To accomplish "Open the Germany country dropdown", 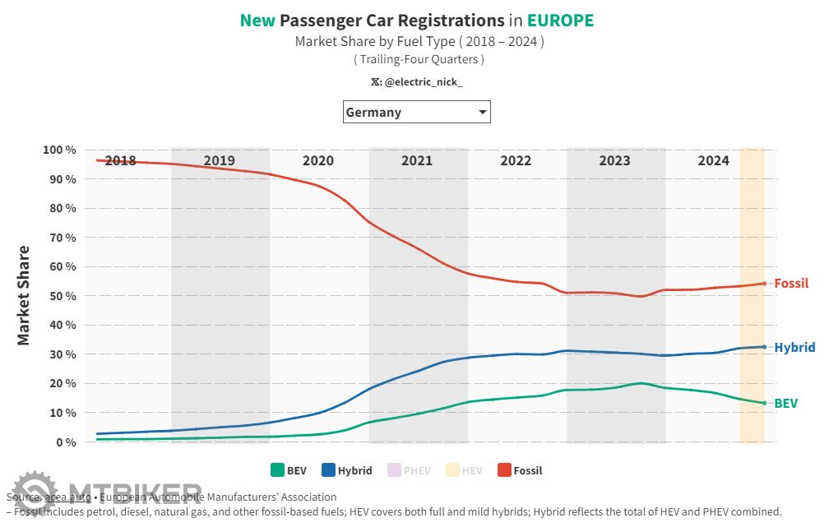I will tap(416, 112).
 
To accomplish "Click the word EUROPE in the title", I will tap(560, 21).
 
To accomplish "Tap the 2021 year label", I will tap(417, 160).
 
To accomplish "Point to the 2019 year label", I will tap(220, 160).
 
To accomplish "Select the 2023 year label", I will tap(614, 160).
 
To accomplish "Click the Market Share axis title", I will tap(24, 295).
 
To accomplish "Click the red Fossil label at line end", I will tap(791, 284).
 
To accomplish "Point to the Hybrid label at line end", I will tap(794, 348).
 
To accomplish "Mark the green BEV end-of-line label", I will tap(785, 404).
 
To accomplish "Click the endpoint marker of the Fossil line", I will tap(765, 284).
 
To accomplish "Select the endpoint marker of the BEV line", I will tap(765, 403).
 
